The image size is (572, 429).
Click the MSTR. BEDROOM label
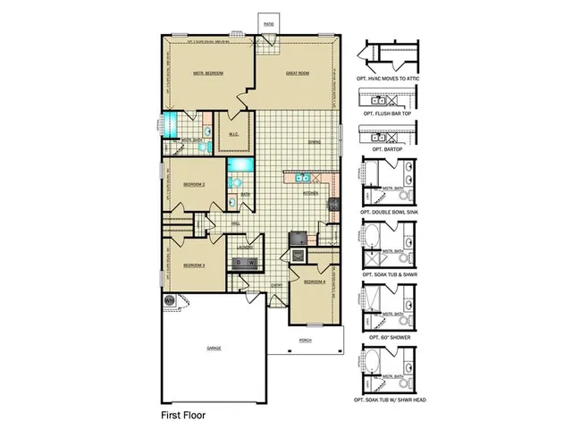coord(207,73)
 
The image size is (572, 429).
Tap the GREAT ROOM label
coord(297,73)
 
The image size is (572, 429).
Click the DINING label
coord(315,141)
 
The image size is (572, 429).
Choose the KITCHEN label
coord(310,192)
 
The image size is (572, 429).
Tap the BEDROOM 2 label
coord(195,184)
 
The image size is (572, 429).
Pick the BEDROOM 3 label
coord(195,265)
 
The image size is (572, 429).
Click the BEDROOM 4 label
coord(313,282)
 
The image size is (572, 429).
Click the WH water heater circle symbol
coord(168,300)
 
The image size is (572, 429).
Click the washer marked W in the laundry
coord(252,262)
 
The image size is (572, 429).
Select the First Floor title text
coord(184,416)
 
